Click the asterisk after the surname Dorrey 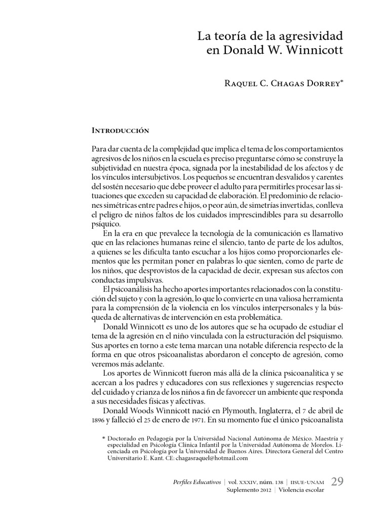pos(342,81)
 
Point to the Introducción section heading pos(121,130)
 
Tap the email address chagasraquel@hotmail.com pos(209,458)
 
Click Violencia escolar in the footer pos(302,491)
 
